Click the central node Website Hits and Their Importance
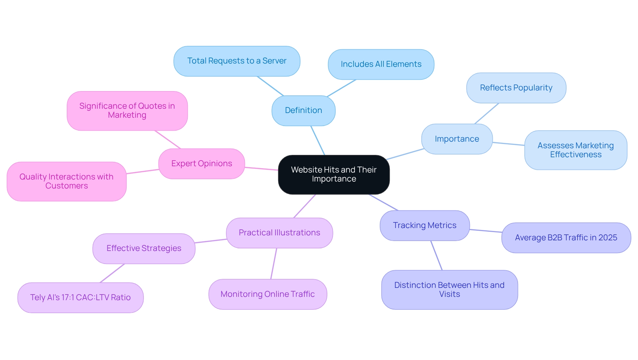coord(334,175)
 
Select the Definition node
coord(303,110)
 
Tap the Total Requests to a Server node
coord(237,61)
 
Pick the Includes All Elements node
coord(381,64)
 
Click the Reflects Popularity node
coord(516,88)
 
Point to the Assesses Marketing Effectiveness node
coord(576,150)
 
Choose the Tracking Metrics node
coord(424,225)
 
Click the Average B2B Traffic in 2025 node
coord(566,238)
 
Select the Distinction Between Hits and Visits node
coord(449,290)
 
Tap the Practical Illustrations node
coord(279,233)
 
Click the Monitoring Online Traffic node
coord(267,294)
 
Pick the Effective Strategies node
coord(144,248)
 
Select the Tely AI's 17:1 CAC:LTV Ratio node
coord(80,298)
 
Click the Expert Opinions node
coord(201,164)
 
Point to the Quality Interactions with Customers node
coord(66,181)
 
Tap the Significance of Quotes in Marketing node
coord(127,111)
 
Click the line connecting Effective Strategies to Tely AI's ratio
coord(112,273)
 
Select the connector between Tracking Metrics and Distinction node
coord(436,255)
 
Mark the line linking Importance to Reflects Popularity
coord(487,113)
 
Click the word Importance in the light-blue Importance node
coord(457,139)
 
